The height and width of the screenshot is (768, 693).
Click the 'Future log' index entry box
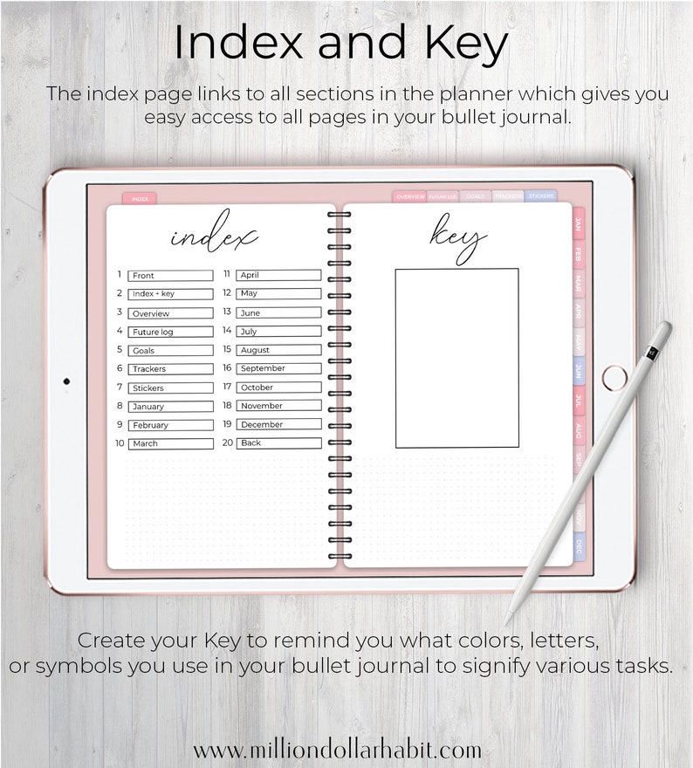[x=170, y=332]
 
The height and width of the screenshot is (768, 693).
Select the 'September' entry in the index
[x=278, y=368]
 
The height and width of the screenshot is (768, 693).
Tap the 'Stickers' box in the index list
[x=170, y=387]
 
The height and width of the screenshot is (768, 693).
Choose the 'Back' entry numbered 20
[x=278, y=442]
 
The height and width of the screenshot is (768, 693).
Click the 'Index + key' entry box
[x=170, y=294]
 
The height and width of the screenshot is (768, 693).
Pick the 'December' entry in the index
[x=278, y=424]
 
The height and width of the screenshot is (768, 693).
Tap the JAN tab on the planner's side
[x=578, y=224]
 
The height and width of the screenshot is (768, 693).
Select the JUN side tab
[x=578, y=372]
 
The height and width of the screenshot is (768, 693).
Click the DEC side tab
[x=578, y=547]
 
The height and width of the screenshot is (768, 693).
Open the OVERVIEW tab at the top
[x=409, y=197]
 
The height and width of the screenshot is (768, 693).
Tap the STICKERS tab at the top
[x=540, y=197]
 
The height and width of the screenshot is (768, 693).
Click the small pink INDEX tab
[x=139, y=199]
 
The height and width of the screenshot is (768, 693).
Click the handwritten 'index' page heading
[x=214, y=236]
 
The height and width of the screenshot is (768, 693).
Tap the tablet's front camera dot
[x=66, y=381]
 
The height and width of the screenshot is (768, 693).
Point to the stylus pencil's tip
[x=507, y=622]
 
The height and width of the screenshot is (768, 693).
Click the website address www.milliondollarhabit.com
[x=337, y=750]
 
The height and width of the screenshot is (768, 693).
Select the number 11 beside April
[x=226, y=274]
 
